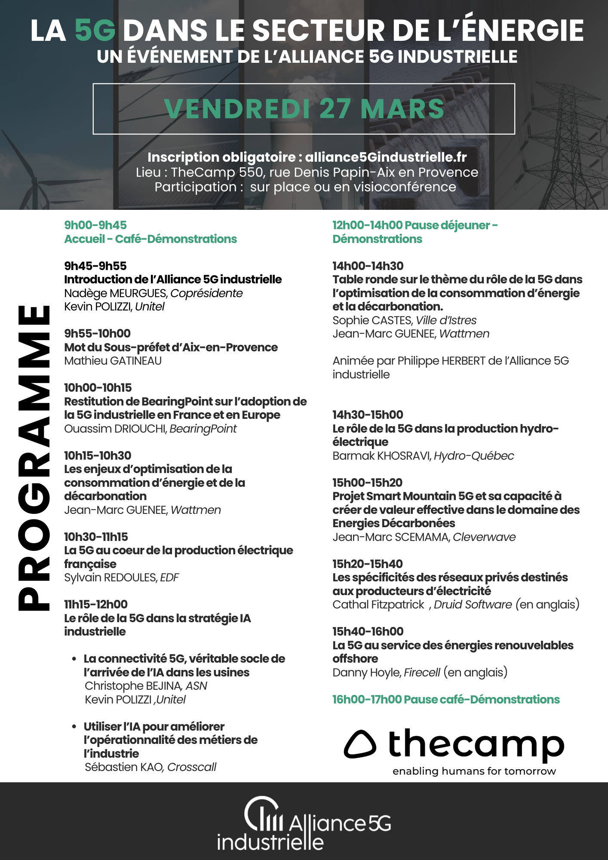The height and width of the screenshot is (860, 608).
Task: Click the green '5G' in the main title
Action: [95, 31]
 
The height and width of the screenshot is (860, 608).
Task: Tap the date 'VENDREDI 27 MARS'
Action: [304, 109]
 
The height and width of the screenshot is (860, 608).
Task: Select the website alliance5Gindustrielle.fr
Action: [386, 157]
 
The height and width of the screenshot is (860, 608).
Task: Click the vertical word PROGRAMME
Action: [34, 458]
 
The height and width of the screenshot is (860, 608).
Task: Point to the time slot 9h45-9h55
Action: [95, 266]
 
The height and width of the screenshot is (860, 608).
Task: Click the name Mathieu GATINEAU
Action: [113, 361]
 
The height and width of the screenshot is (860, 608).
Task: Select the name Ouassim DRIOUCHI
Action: [115, 429]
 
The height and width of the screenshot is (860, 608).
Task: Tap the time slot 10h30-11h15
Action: [96, 537]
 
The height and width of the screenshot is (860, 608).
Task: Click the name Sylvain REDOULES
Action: [111, 577]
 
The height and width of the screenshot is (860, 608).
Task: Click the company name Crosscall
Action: [192, 767]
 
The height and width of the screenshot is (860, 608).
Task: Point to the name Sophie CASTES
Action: [372, 320]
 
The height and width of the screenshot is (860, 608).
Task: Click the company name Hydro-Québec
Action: [474, 456]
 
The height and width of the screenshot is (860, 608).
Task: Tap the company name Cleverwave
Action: [484, 537]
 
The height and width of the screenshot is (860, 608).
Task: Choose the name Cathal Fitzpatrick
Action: [378, 605]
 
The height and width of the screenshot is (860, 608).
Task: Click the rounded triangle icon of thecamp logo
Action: [360, 744]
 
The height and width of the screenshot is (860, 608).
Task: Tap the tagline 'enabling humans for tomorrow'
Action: [474, 771]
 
